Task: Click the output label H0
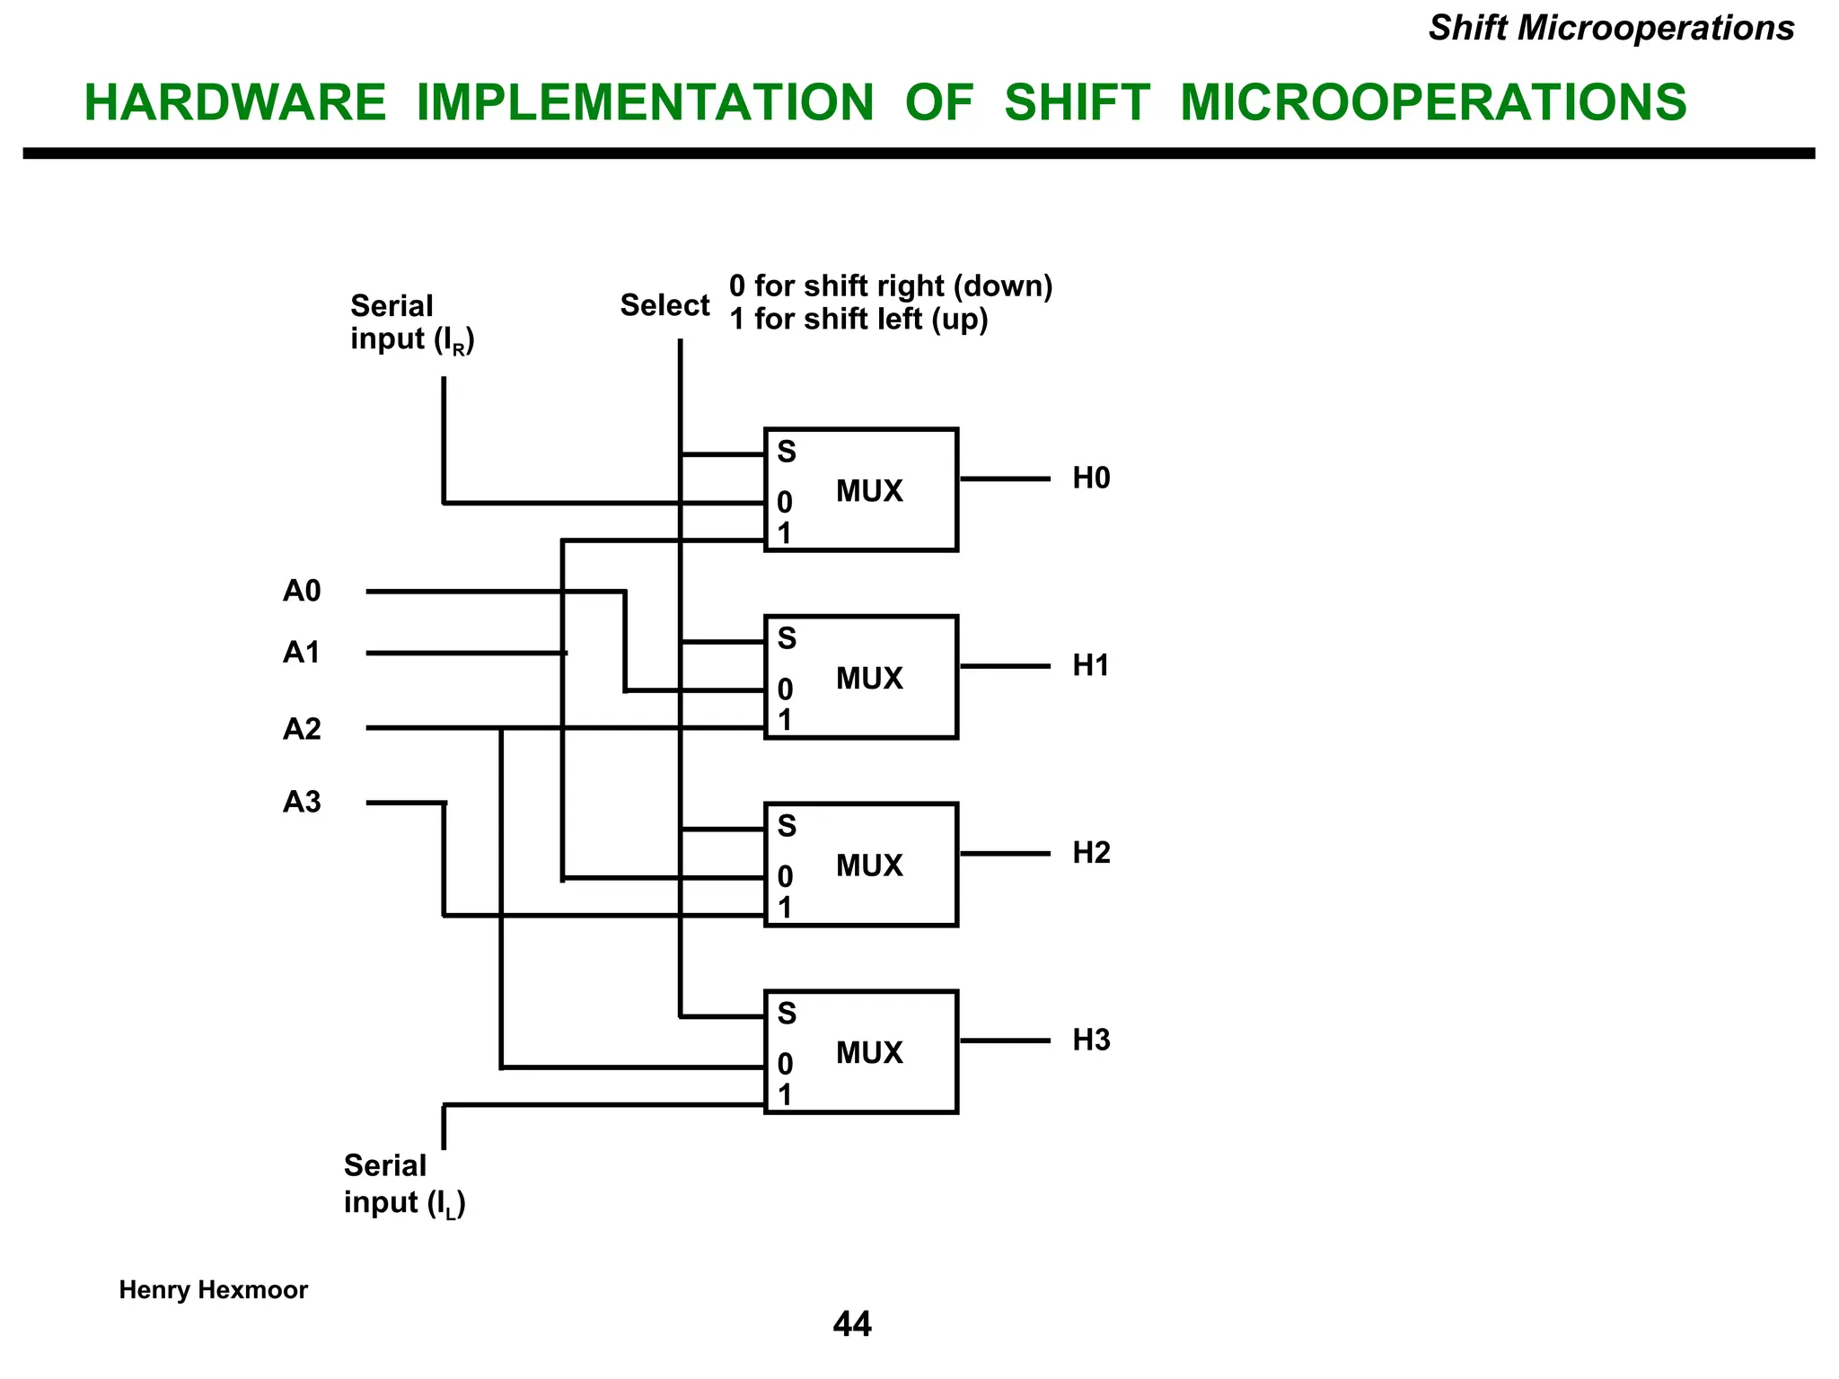pyautogui.click(x=1091, y=479)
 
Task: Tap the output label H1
pyautogui.click(x=1091, y=665)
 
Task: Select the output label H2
pyautogui.click(x=1091, y=853)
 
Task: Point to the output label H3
pyautogui.click(x=1091, y=1040)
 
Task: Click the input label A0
pyautogui.click(x=302, y=591)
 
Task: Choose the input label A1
pyautogui.click(x=302, y=653)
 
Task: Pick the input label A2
pyautogui.click(x=302, y=729)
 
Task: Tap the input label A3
pyautogui.click(x=302, y=802)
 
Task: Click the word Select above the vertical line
pyautogui.click(x=664, y=306)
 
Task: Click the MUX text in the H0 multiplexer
pyautogui.click(x=869, y=491)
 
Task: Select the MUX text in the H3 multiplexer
pyautogui.click(x=869, y=1052)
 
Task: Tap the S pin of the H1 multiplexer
pyautogui.click(x=787, y=639)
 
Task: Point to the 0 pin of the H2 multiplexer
pyautogui.click(x=785, y=876)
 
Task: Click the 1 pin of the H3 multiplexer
pyautogui.click(x=785, y=1095)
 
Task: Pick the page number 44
pyautogui.click(x=852, y=1324)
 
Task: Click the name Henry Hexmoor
pyautogui.click(x=214, y=1290)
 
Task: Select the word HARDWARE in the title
pyautogui.click(x=235, y=102)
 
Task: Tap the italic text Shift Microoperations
pyautogui.click(x=1611, y=29)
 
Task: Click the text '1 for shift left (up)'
pyautogui.click(x=858, y=320)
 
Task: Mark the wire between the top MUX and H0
pyautogui.click(x=1005, y=479)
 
